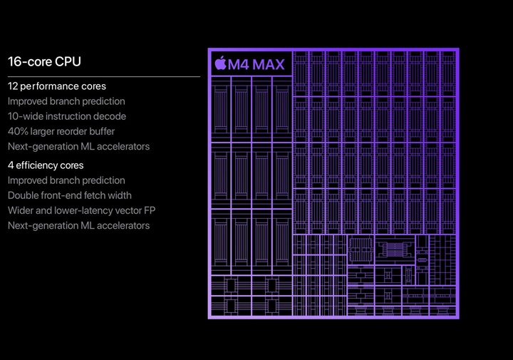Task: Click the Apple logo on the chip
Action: [220, 64]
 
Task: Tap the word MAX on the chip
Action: [268, 65]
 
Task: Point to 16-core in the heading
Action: [28, 61]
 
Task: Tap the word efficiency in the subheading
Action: [38, 165]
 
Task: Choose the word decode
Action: [110, 116]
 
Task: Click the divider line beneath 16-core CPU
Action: [104, 76]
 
